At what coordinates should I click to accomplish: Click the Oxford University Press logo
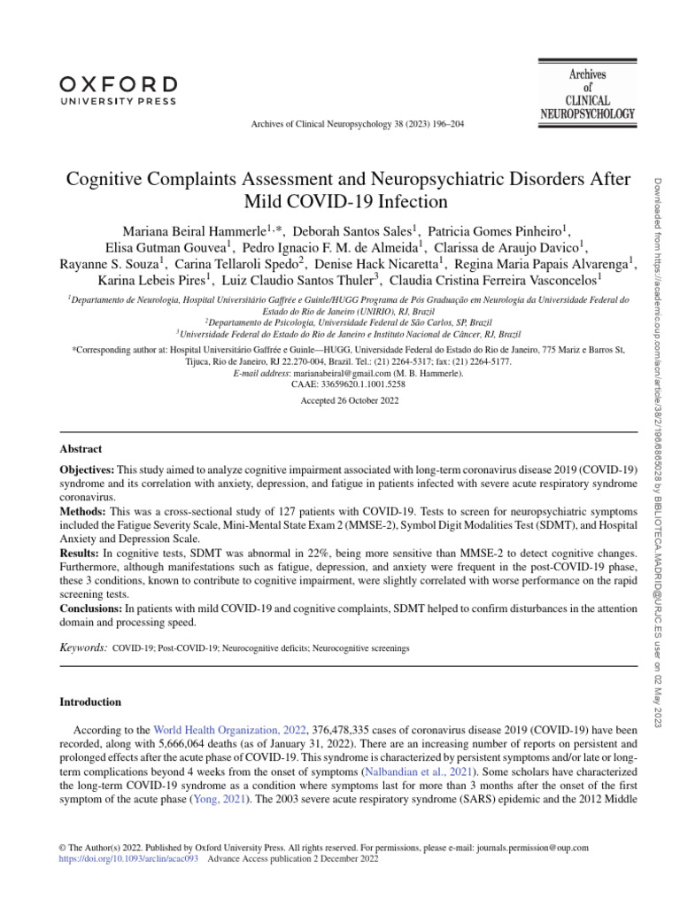118,90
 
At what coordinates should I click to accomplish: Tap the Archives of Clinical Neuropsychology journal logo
587,92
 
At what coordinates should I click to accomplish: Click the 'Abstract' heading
81,450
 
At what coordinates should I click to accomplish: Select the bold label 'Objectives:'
87,468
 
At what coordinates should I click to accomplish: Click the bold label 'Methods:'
82,512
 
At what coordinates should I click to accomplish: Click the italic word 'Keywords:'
83,648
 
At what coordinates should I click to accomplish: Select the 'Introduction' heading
90,702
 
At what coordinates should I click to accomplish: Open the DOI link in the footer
129,858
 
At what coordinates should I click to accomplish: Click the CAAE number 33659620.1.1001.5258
348,385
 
